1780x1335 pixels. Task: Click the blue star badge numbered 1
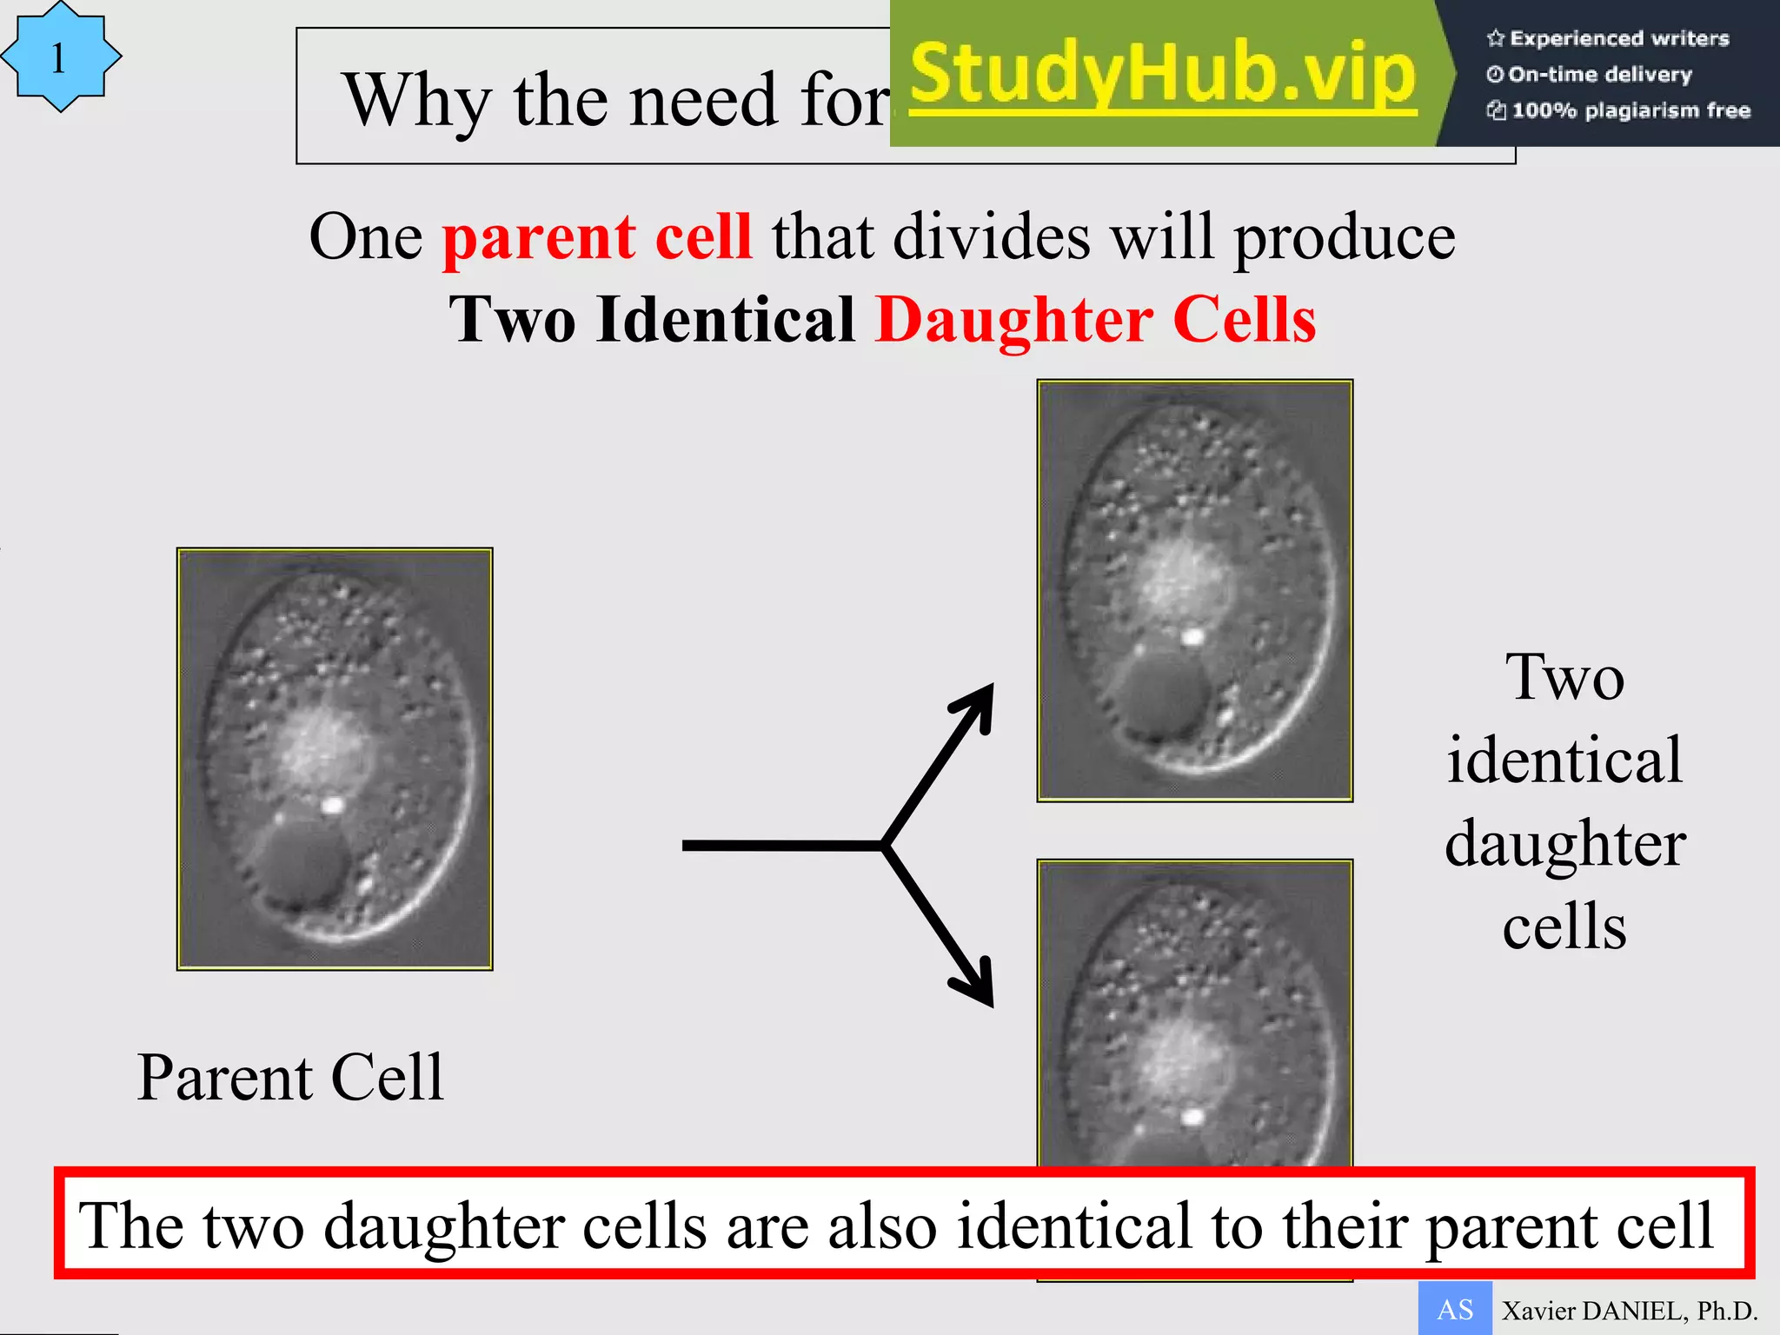pos(59,57)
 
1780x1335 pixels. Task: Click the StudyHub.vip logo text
pos(1163,75)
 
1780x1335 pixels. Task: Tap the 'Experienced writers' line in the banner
pos(1608,38)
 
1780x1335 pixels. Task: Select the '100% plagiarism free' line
pos(1618,110)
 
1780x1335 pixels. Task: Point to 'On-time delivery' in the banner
pos(1590,75)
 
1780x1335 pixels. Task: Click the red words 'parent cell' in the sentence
pos(597,237)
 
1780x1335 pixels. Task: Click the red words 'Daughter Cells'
pos(1095,320)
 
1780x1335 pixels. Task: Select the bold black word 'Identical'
pos(726,320)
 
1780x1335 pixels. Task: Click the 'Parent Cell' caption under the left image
pos(290,1078)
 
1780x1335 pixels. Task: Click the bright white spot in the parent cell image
pos(331,806)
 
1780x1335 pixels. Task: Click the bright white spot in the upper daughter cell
pos(1192,637)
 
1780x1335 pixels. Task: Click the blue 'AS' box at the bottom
pos(1455,1309)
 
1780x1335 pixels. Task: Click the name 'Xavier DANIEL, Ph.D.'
pos(1630,1311)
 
